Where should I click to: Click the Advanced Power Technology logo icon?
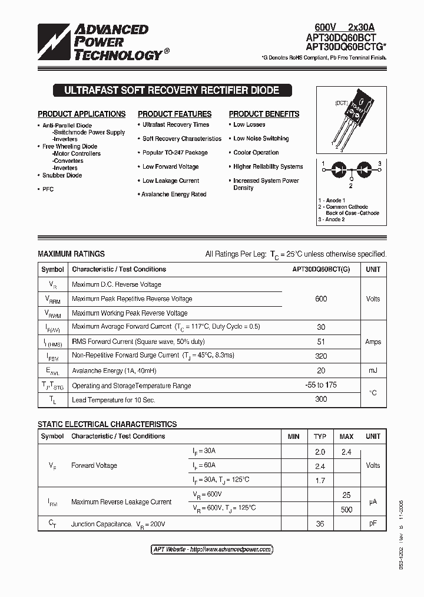(55, 42)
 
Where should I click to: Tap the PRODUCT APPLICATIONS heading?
(82, 114)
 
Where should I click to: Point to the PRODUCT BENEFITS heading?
(264, 114)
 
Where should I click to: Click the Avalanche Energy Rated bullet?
(174, 195)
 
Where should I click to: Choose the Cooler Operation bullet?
(256, 153)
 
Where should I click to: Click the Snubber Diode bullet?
(62, 175)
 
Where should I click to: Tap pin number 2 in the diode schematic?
(350, 185)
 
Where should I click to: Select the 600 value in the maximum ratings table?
(321, 299)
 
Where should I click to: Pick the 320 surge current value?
(321, 356)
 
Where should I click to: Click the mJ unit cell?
(373, 370)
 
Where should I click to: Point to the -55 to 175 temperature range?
(321, 385)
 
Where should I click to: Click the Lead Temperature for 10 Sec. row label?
(113, 400)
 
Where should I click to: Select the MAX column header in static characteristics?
(346, 437)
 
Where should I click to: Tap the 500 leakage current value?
(346, 509)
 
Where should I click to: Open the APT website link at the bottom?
(212, 549)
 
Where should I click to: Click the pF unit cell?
(373, 524)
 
